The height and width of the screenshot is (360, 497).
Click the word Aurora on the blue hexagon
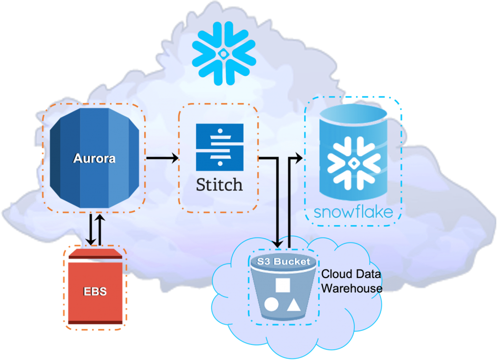click(x=94, y=159)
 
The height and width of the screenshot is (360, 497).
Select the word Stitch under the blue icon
click(x=219, y=184)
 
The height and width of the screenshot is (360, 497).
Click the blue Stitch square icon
click(x=219, y=147)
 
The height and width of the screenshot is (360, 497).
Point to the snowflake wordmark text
click(x=353, y=213)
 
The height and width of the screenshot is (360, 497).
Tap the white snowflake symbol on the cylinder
click(x=353, y=164)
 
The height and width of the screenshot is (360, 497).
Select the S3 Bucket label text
click(x=283, y=262)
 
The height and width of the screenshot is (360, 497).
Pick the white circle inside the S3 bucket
click(x=271, y=305)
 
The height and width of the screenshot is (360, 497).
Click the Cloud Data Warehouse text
click(x=351, y=281)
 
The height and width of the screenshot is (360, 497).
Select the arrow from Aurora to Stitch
click(x=162, y=158)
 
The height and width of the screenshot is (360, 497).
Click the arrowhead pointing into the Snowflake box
click(x=298, y=158)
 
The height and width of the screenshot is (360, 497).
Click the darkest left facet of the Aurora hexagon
click(x=58, y=159)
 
